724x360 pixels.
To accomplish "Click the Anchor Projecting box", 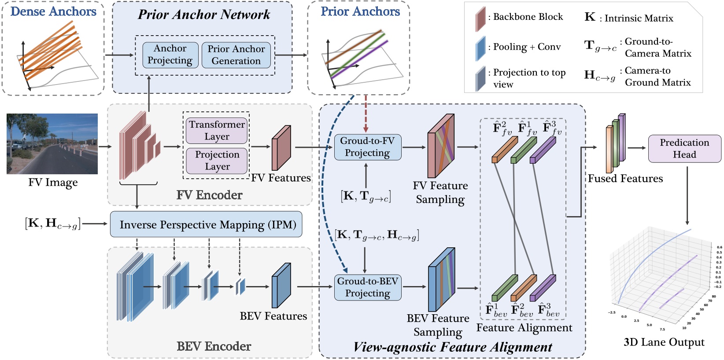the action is coord(170,55).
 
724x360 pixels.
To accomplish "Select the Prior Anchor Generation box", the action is coord(236,55).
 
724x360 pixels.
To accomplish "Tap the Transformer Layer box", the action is coord(217,130).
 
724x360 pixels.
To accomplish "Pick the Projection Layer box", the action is coord(217,161).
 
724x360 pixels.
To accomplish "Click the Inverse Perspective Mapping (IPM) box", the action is coord(206,224).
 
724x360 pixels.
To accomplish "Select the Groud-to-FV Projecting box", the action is coord(368,147).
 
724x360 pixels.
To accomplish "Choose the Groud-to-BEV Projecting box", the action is coord(368,287).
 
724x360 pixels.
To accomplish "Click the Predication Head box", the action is coord(684,148).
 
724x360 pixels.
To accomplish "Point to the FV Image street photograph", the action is coord(52,143).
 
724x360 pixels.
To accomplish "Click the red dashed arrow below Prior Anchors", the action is coord(366,114).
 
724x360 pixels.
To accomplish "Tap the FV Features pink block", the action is coord(281,148).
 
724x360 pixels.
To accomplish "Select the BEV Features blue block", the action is coord(281,286).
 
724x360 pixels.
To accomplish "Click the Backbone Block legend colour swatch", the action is coord(480,19).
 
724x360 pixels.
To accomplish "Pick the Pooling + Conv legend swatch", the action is coord(480,48).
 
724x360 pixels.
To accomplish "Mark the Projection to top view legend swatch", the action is coord(480,78).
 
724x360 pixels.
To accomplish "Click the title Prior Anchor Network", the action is coord(204,15).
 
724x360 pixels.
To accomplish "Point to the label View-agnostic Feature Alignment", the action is coord(453,347).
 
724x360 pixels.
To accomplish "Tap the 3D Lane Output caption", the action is coord(664,342).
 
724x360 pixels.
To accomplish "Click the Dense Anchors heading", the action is coord(53,11).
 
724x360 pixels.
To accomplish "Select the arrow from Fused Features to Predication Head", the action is coord(636,148).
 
